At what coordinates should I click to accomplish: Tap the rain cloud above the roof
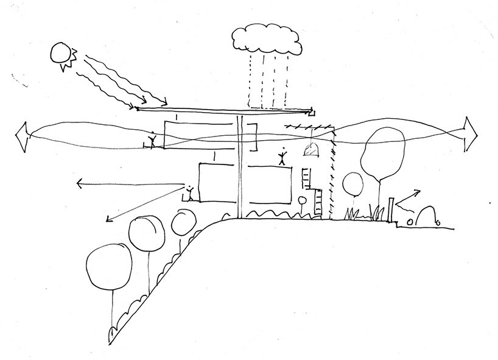point(266,40)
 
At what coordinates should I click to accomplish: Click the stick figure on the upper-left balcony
point(153,141)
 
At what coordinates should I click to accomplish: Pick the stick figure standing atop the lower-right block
point(282,157)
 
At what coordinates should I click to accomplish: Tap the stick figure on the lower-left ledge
point(191,192)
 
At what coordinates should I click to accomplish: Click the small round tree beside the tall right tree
point(352,182)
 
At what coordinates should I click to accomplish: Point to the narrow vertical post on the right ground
point(390,210)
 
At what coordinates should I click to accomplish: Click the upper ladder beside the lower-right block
point(307,177)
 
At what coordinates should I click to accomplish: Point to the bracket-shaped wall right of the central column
point(255,136)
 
